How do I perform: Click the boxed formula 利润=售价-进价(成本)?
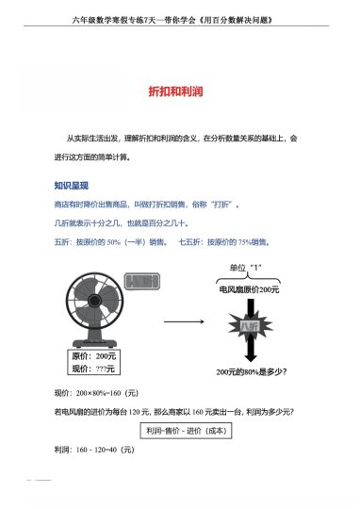point(180,431)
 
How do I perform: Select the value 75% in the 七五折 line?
point(248,241)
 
